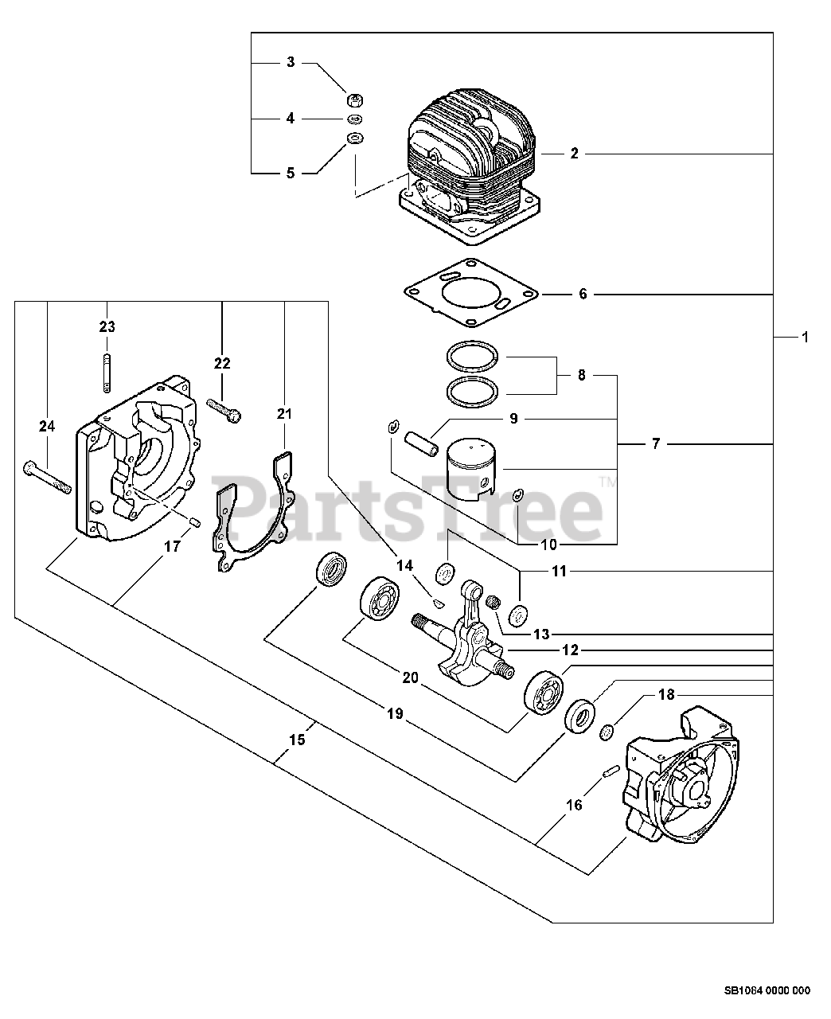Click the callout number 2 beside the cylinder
click(574, 153)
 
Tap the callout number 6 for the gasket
click(583, 295)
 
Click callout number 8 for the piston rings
click(581, 375)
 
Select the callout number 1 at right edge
click(804, 338)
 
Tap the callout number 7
click(655, 444)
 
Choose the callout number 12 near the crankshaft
click(570, 650)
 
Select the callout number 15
click(296, 740)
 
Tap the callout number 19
click(396, 716)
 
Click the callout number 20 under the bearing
click(410, 677)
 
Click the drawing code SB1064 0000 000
click(767, 991)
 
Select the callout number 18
click(666, 695)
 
